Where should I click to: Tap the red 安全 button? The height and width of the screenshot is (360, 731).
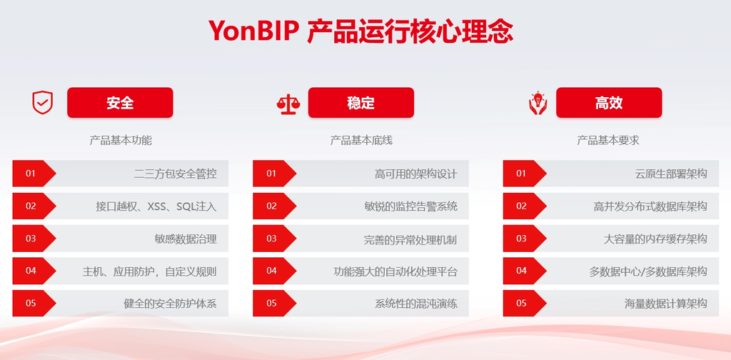click(120, 103)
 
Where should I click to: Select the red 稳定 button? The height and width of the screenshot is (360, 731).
click(361, 103)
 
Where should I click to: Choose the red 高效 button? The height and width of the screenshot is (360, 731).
click(609, 103)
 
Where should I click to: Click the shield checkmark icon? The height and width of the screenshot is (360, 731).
click(42, 103)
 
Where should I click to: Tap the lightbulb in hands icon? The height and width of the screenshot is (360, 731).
click(538, 104)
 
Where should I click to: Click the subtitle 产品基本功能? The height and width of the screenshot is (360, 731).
click(121, 141)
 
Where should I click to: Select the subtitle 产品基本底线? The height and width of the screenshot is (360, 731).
click(361, 141)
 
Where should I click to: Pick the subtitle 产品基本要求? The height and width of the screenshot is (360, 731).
click(608, 141)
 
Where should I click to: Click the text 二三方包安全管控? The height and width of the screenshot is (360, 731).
click(176, 174)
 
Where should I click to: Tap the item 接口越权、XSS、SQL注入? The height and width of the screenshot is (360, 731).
click(156, 206)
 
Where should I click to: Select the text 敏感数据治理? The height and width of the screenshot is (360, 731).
click(186, 239)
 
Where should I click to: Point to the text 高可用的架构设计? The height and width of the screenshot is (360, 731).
click(416, 174)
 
